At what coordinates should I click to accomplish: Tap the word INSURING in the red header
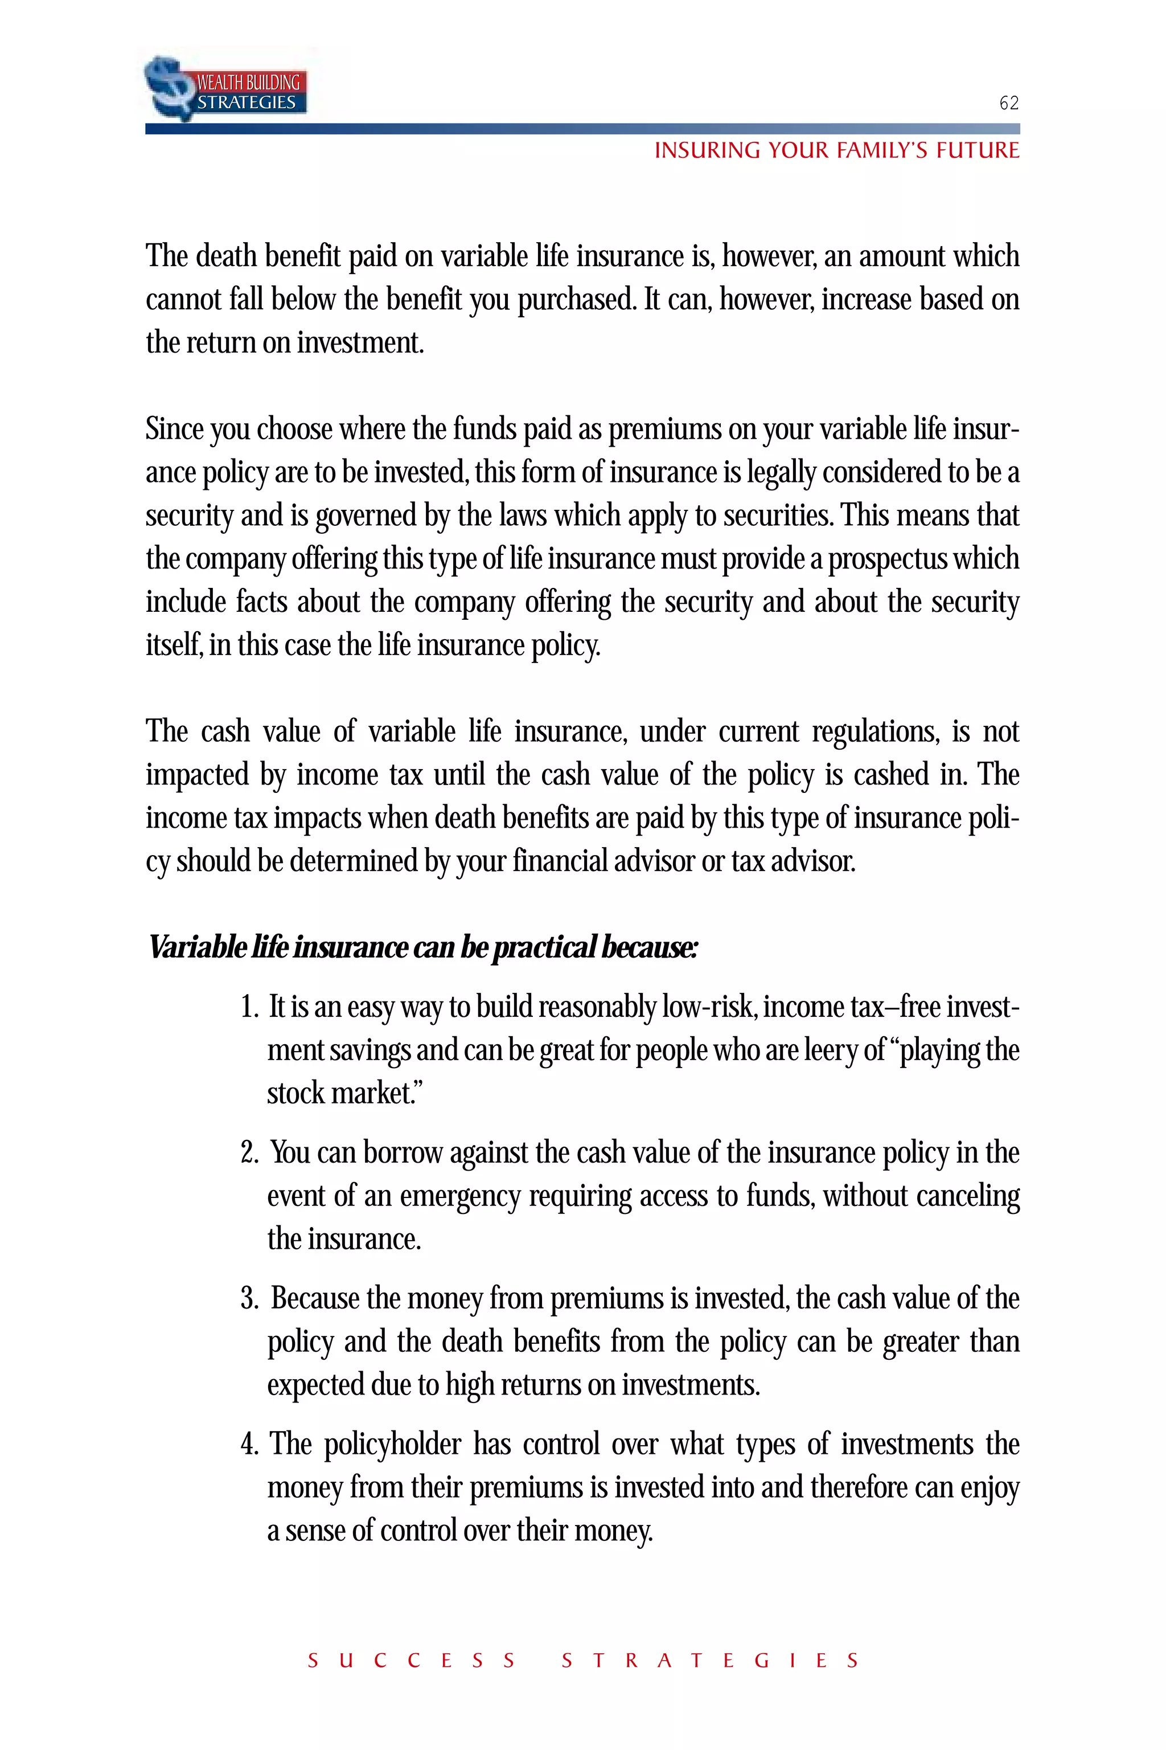(707, 151)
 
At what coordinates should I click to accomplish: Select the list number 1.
(248, 1007)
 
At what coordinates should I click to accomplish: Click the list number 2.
(248, 1153)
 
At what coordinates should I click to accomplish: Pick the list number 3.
(248, 1299)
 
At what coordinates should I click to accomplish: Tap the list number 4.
(248, 1445)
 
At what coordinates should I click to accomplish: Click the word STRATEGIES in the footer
(710, 1661)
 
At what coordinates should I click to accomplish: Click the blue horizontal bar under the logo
(582, 129)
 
